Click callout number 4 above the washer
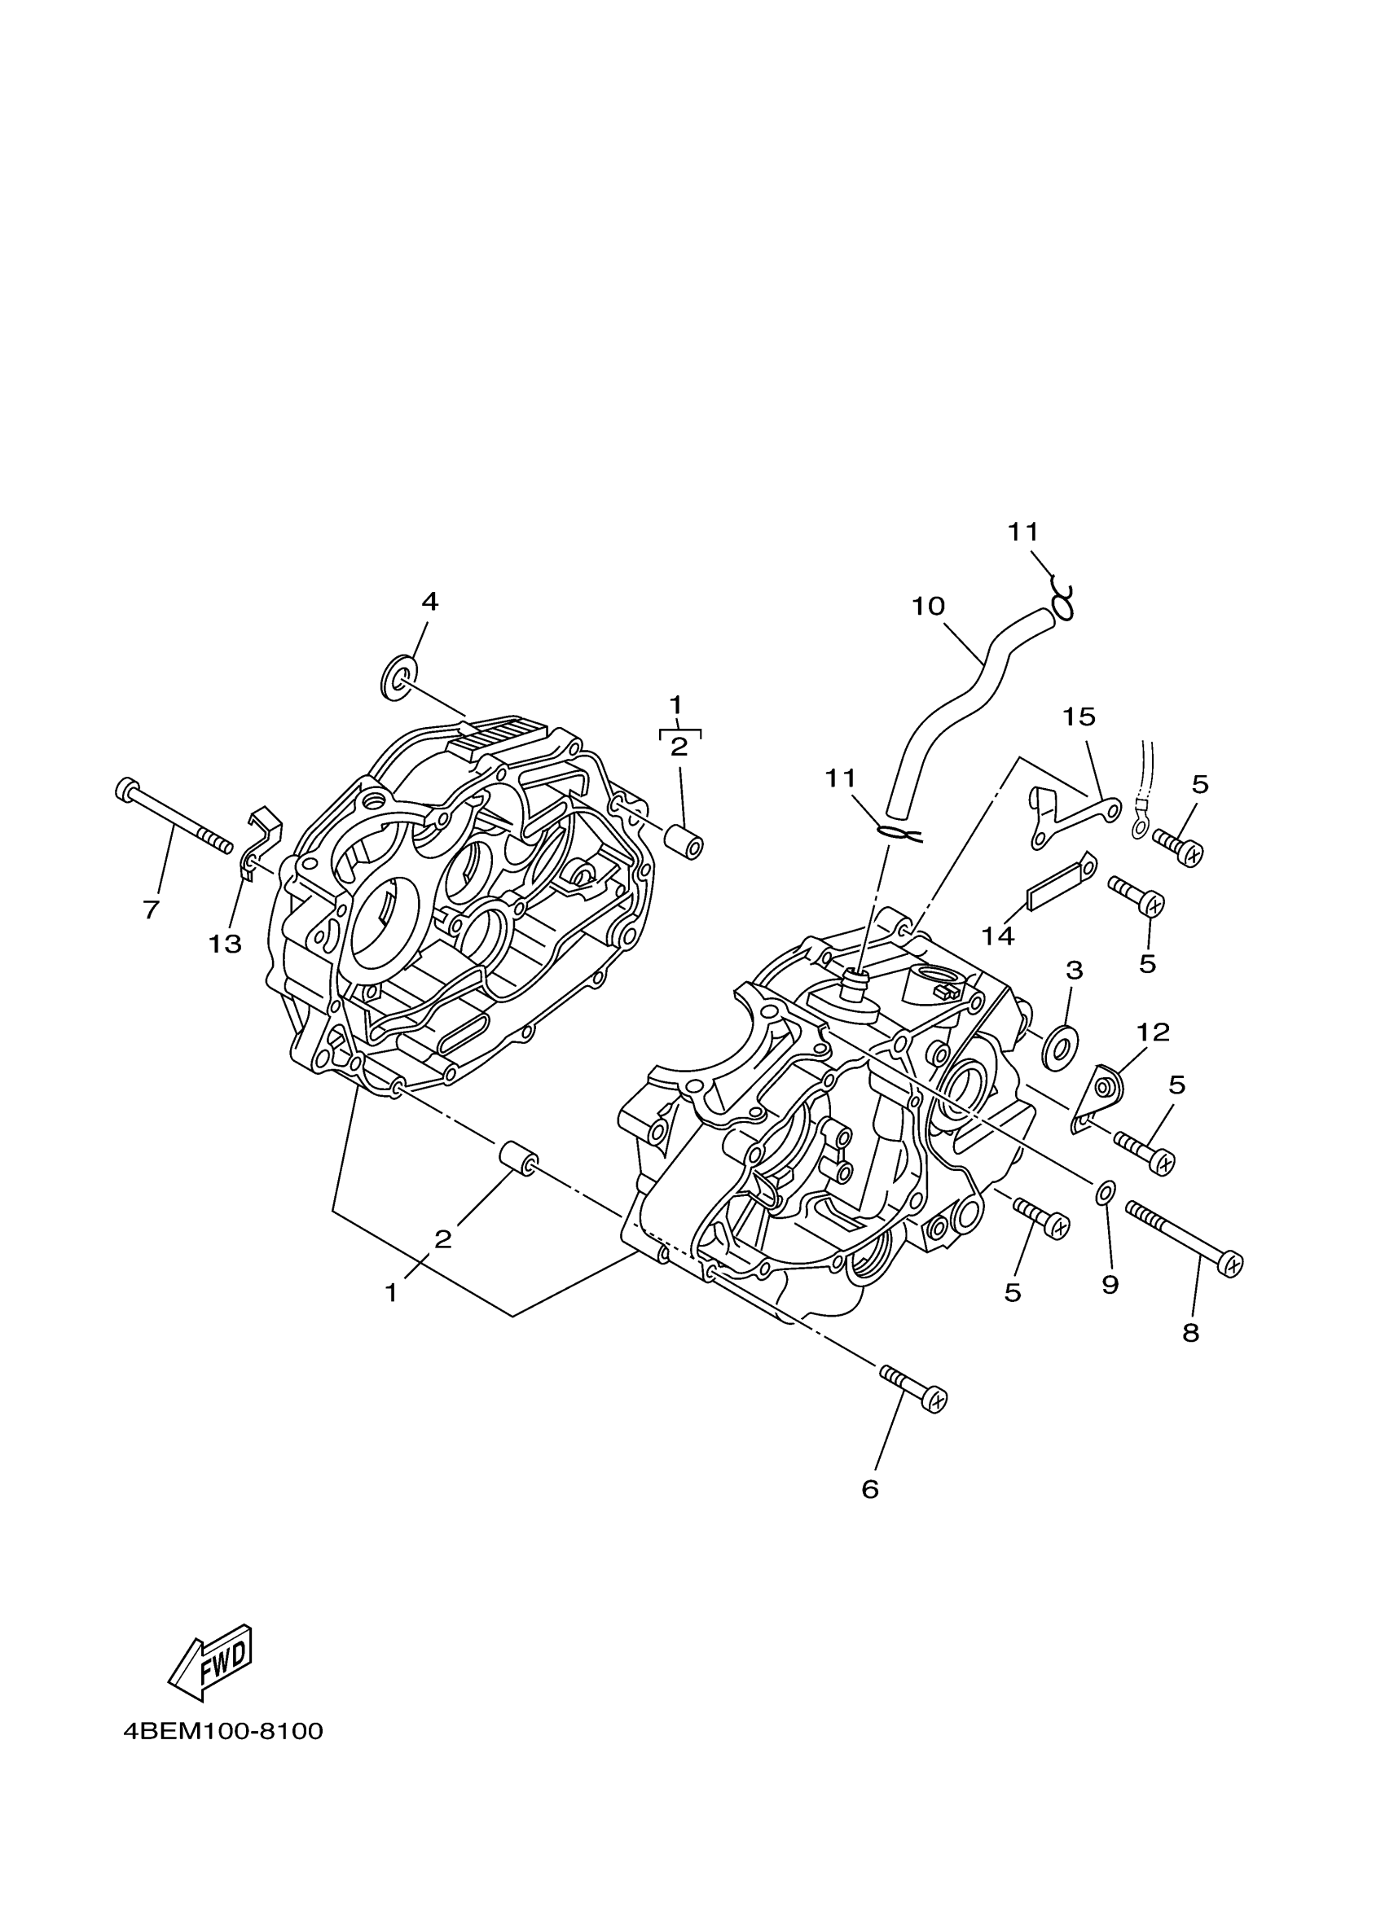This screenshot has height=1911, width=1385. click(430, 602)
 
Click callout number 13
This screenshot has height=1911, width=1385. click(225, 945)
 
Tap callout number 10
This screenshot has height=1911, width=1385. click(928, 607)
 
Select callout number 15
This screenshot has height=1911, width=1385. click(1078, 717)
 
